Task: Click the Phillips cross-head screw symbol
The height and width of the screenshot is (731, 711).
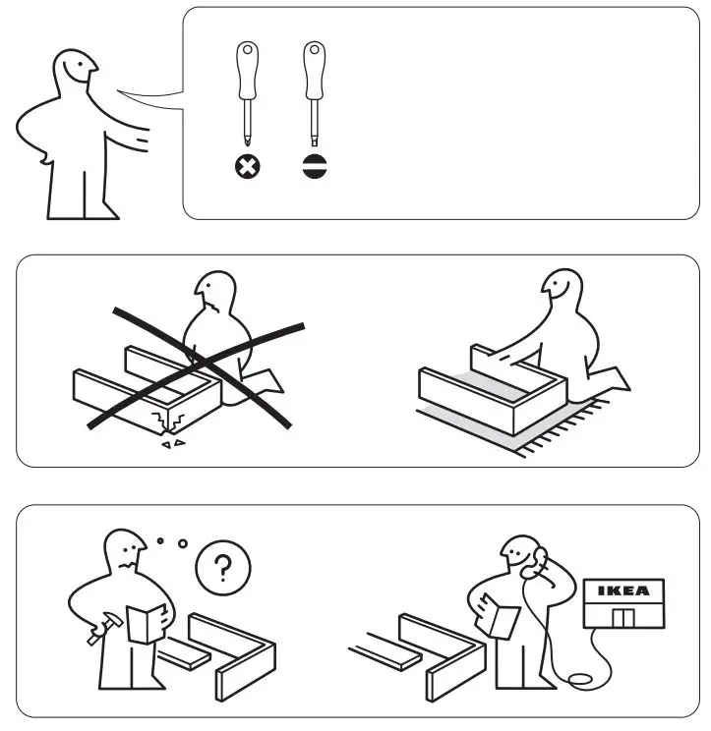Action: pos(244,168)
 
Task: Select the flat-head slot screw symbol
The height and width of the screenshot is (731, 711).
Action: pos(314,168)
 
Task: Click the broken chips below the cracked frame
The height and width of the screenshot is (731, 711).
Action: pos(171,443)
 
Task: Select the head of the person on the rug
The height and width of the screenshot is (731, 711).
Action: pos(558,289)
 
